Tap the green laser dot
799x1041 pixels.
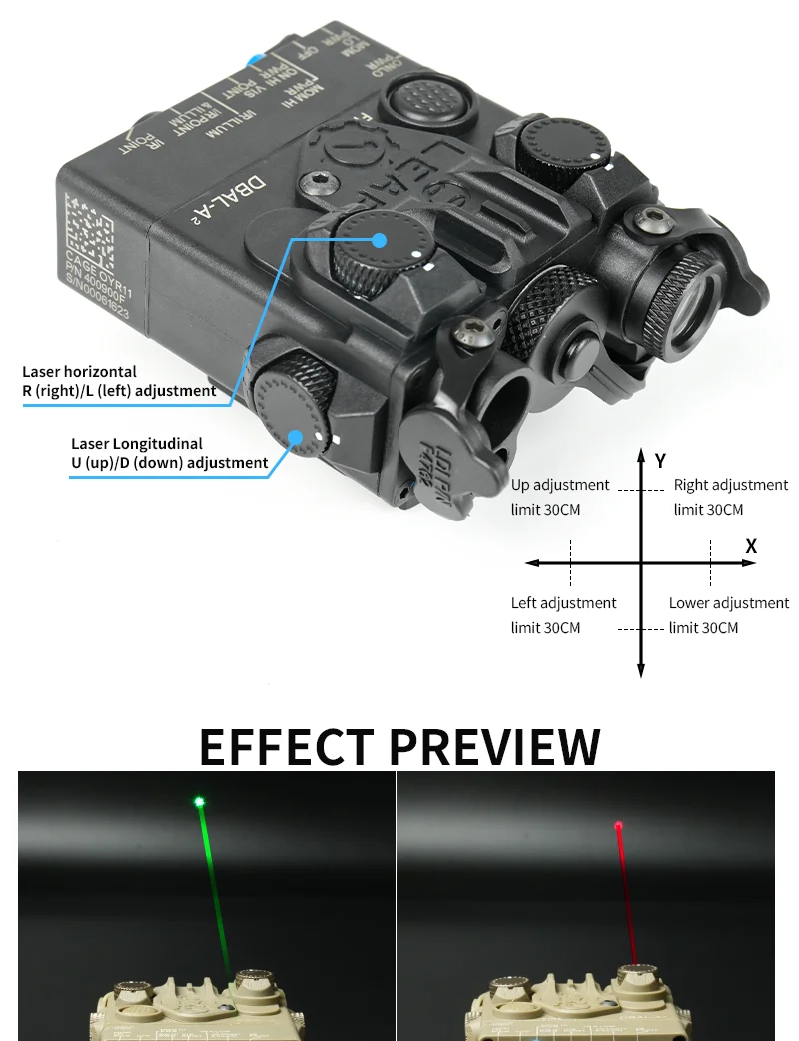[x=200, y=800]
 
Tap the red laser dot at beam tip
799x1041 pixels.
[x=618, y=825]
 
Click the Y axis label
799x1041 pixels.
[x=660, y=461]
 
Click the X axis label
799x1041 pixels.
[x=751, y=546]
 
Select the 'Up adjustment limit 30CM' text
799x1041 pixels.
[x=559, y=497]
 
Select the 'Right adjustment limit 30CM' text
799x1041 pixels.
[x=730, y=497]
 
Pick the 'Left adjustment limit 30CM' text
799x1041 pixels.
[x=563, y=615]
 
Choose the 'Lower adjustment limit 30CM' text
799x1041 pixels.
[x=728, y=615]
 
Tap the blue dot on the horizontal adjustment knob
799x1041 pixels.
[x=380, y=239]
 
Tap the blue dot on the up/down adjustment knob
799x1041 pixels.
[x=297, y=435]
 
